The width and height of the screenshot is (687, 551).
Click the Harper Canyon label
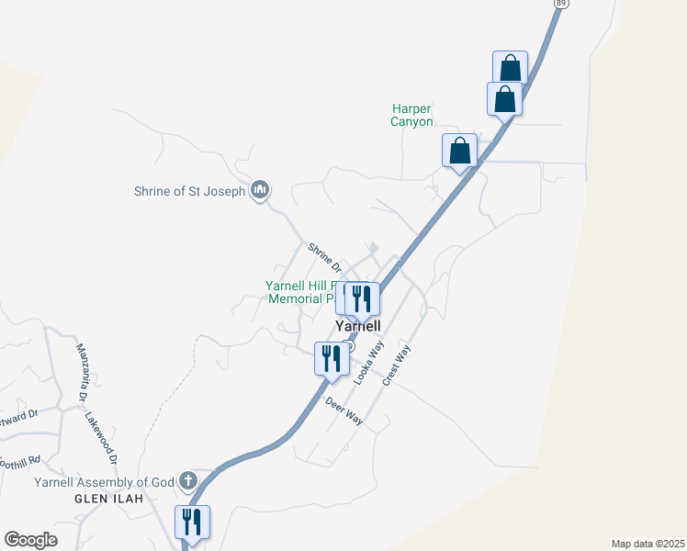pos(411,116)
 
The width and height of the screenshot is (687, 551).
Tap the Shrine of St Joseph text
pos(188,192)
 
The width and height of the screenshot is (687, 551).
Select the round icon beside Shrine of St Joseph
pos(259,190)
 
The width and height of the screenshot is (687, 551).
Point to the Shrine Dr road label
pos(325,258)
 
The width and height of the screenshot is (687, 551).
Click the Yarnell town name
pos(358,326)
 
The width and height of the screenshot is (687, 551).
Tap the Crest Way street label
pos(398,365)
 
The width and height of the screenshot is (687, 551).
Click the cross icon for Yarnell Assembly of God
pos(188,480)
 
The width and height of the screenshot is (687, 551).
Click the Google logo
pos(30,540)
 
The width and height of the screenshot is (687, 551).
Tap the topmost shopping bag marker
pos(510,68)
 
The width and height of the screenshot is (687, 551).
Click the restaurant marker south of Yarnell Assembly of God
pos(192,523)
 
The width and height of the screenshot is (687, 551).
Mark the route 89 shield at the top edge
pos(558,4)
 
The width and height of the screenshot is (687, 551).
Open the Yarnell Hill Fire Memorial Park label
pos(300,292)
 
